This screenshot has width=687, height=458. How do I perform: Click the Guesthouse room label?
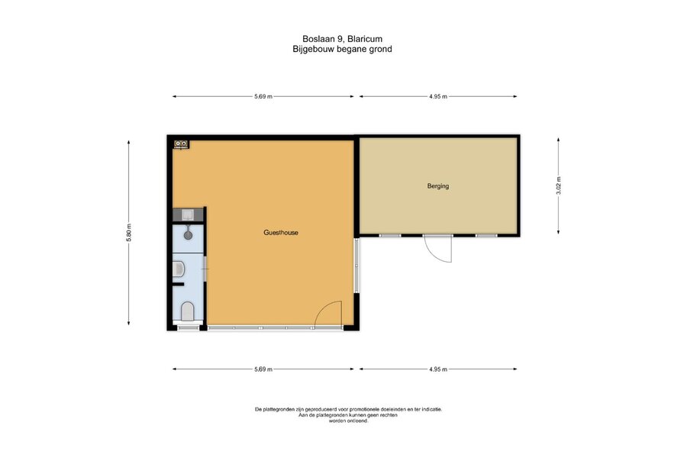(x=281, y=232)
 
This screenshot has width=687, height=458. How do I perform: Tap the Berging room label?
(x=438, y=185)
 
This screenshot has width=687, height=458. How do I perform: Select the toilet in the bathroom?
(x=188, y=311)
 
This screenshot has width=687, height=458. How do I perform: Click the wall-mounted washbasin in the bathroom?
(x=178, y=269)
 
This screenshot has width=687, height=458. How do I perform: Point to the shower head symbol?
(x=188, y=235)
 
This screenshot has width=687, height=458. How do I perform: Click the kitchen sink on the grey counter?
(x=188, y=214)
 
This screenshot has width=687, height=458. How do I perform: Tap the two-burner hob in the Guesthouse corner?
(x=181, y=144)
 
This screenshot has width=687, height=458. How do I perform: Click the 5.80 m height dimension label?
(x=128, y=233)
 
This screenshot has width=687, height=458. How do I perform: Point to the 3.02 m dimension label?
(x=558, y=185)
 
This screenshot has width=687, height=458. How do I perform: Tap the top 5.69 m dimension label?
(x=263, y=96)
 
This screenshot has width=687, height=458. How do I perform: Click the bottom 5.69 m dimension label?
(x=263, y=369)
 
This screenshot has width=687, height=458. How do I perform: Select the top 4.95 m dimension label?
(x=438, y=96)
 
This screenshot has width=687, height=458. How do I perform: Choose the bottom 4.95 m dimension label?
(x=438, y=369)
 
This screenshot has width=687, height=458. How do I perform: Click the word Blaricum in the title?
(x=365, y=39)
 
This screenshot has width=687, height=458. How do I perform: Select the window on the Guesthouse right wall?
(x=356, y=265)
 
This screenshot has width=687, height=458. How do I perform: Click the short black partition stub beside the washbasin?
(x=178, y=285)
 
